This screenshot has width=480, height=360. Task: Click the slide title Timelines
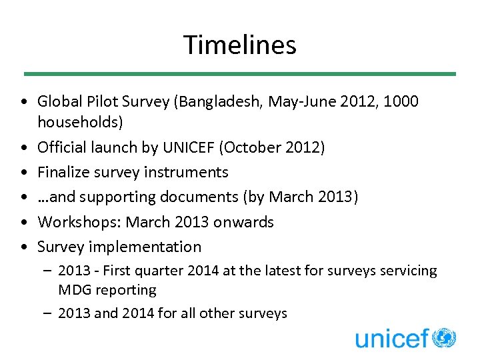(x=239, y=45)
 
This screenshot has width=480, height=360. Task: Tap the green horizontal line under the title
(x=239, y=73)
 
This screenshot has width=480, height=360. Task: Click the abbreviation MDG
(x=74, y=290)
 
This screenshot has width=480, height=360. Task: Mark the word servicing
(x=408, y=271)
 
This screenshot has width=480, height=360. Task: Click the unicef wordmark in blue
(x=392, y=339)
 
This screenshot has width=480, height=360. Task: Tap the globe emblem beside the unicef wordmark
(x=444, y=337)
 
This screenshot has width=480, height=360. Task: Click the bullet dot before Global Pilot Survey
(x=24, y=102)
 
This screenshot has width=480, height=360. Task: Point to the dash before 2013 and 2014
(x=48, y=313)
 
